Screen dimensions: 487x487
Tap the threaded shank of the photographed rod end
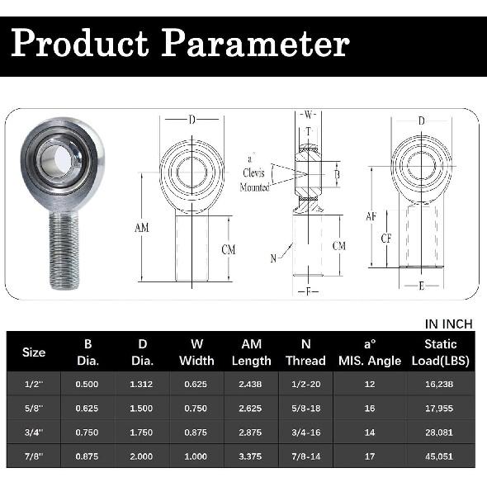[x=64, y=247]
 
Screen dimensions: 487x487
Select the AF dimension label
[x=371, y=216]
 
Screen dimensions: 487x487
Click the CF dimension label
[x=387, y=239]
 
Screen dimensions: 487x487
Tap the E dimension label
[x=422, y=286]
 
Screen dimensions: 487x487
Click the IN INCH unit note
[x=448, y=323]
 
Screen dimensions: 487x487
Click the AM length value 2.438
[x=252, y=384]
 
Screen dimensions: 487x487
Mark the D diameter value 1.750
[x=142, y=431]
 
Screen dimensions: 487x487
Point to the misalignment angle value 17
[x=370, y=455]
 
